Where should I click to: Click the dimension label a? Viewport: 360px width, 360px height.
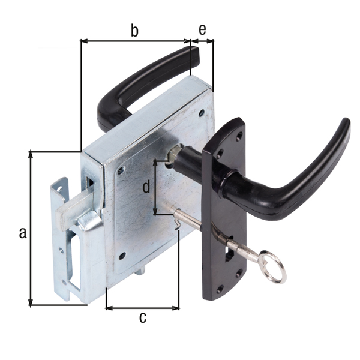click(23, 233)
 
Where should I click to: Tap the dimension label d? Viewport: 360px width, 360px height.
click(146, 187)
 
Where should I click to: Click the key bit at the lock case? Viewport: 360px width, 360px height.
click(176, 223)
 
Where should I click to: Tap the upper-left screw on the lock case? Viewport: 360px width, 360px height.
click(122, 170)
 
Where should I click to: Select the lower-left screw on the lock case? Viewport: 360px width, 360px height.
click(122, 256)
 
